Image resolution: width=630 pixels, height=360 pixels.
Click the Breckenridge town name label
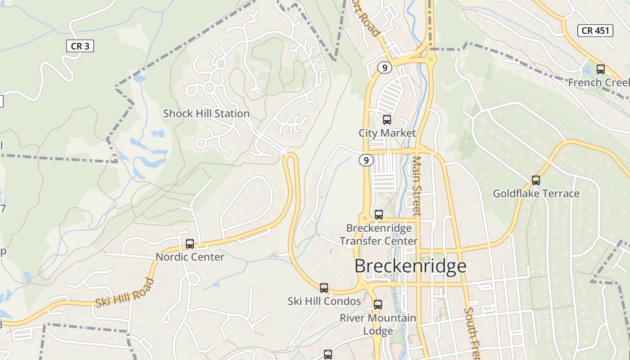tap(410, 266)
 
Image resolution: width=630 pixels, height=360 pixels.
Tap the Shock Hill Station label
tap(206, 113)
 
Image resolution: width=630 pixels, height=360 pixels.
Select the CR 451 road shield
tap(595, 31)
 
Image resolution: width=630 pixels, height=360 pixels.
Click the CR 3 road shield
tap(80, 46)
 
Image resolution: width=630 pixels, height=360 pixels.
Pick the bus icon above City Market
tap(387, 120)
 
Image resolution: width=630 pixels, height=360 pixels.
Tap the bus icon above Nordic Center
tap(190, 244)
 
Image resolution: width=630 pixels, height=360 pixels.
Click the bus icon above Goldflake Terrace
tap(535, 180)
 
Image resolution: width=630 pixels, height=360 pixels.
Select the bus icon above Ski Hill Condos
tap(324, 288)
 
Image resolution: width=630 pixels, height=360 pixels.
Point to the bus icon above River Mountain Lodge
tap(378, 305)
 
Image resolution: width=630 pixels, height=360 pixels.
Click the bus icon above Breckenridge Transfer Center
tap(379, 215)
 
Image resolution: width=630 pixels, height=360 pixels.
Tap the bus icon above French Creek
tap(600, 69)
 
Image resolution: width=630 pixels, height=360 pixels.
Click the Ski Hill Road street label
tap(125, 293)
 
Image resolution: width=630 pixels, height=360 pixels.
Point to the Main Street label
tap(417, 185)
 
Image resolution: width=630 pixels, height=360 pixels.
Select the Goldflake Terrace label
tap(536, 193)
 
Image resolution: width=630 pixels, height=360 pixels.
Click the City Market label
tap(387, 133)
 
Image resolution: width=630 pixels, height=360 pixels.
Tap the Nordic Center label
tap(190, 257)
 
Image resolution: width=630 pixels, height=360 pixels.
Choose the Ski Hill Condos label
tap(324, 301)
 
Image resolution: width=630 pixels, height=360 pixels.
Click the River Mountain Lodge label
tap(378, 324)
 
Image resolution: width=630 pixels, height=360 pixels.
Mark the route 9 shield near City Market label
tap(366, 160)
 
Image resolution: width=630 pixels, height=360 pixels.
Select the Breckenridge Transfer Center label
tap(379, 234)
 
